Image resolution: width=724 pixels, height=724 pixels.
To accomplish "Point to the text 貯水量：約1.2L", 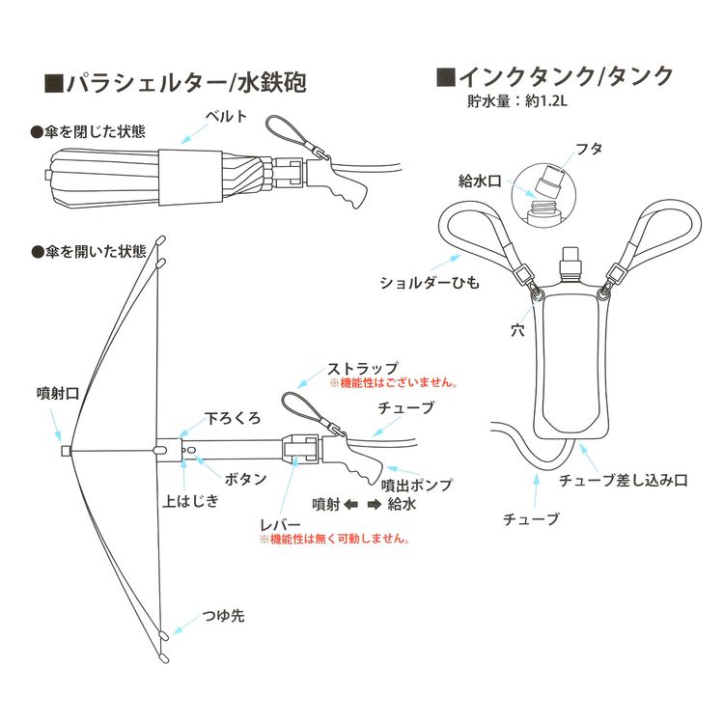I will (515, 99).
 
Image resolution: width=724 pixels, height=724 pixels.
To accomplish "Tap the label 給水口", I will (477, 181).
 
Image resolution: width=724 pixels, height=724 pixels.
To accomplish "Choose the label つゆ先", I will (223, 615).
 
